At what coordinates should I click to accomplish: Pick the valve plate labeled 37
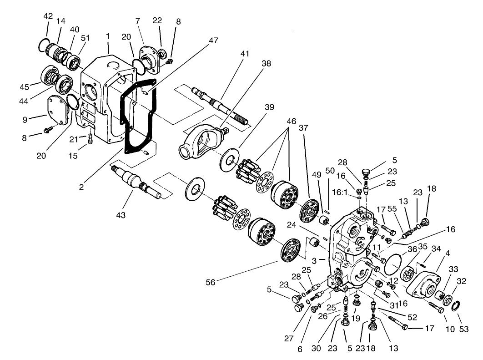312,212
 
